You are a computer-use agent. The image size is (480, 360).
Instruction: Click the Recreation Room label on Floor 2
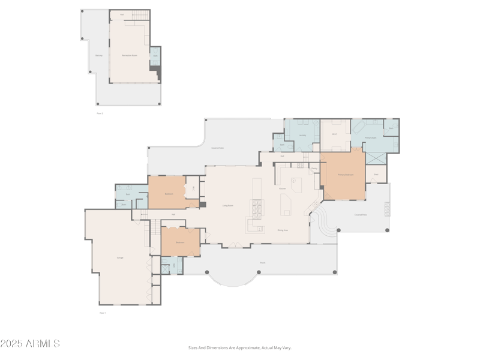pyautogui.click(x=130, y=55)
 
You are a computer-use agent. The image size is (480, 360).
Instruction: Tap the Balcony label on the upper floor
pyautogui.click(x=99, y=55)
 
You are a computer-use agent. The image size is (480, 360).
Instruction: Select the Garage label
pyautogui.click(x=120, y=257)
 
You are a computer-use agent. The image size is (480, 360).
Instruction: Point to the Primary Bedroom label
pyautogui.click(x=345, y=175)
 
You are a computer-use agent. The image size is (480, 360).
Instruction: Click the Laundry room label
pyautogui.click(x=302, y=136)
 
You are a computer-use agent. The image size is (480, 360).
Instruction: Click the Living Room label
pyautogui.click(x=228, y=205)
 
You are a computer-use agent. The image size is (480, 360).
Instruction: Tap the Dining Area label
pyautogui.click(x=282, y=230)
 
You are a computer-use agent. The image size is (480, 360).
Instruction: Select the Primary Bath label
pyautogui.click(x=370, y=137)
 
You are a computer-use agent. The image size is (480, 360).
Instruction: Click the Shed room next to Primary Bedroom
pyautogui.click(x=376, y=175)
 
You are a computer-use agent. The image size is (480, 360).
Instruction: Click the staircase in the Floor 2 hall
pyautogui.click(x=139, y=14)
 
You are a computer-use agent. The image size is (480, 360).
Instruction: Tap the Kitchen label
pyautogui.click(x=282, y=188)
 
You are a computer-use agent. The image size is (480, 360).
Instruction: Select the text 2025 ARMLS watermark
pyautogui.click(x=30, y=344)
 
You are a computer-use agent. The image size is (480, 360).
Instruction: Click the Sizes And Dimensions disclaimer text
pyautogui.click(x=239, y=347)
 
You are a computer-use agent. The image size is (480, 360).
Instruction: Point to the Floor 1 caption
pyautogui.click(x=102, y=313)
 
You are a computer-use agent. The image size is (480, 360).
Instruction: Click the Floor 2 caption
pyautogui.click(x=100, y=113)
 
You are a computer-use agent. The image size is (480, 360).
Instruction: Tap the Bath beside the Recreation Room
pyautogui.click(x=155, y=56)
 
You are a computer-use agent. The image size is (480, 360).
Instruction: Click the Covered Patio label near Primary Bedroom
pyautogui.click(x=360, y=214)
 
